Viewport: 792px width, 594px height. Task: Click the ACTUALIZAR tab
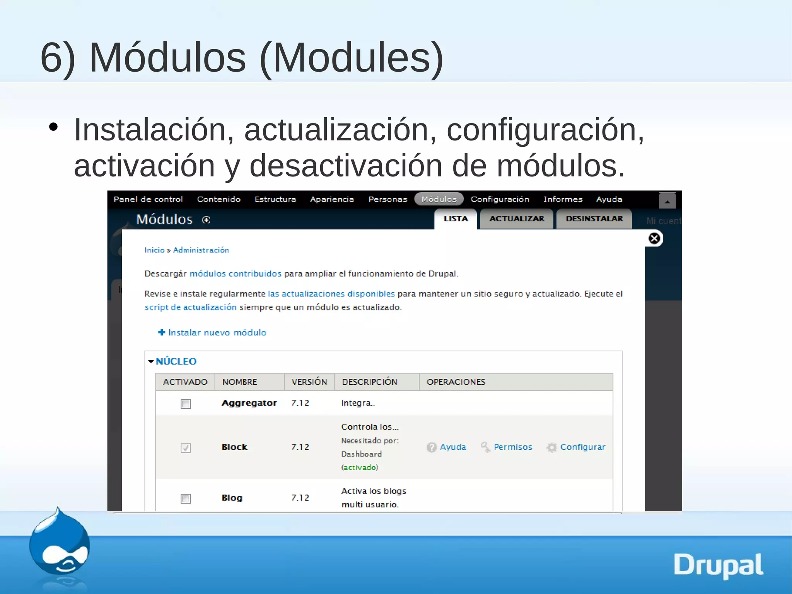(x=517, y=219)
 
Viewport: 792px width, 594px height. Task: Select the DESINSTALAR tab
(x=594, y=219)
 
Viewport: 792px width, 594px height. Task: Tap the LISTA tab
(x=456, y=219)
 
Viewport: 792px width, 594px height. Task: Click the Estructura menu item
(x=275, y=199)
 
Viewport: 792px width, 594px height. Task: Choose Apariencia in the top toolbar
(x=332, y=199)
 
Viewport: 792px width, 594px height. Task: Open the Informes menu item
(x=563, y=199)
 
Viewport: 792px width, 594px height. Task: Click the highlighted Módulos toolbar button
(x=439, y=199)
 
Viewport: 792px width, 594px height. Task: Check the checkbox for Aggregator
(x=186, y=404)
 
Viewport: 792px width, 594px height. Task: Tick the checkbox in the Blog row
(x=186, y=498)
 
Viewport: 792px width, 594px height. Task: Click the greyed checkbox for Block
(x=186, y=448)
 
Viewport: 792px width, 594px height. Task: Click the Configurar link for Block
(x=582, y=447)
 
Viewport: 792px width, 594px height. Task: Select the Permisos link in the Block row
(x=513, y=447)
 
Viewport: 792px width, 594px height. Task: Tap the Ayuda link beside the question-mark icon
(x=453, y=447)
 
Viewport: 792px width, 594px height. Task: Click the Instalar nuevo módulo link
(x=217, y=332)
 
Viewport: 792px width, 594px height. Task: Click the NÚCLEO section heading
(x=176, y=361)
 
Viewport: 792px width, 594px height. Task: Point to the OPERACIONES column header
(x=456, y=382)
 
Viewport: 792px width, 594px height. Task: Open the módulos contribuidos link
(x=235, y=274)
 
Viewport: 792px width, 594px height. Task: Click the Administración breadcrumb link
(x=201, y=250)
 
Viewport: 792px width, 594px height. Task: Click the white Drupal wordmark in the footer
(x=718, y=565)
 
